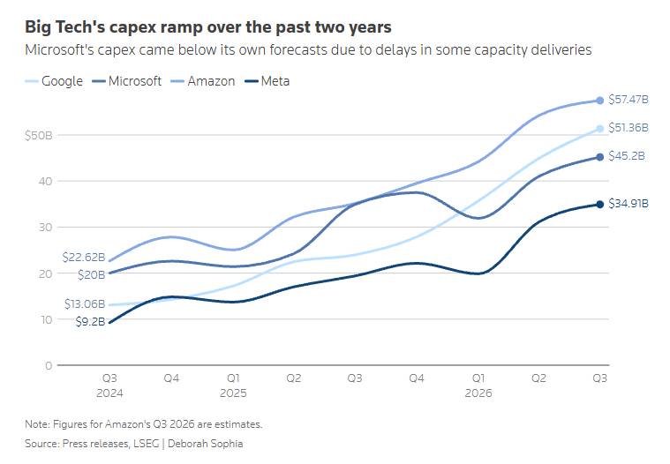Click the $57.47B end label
click(629, 100)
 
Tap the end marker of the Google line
click(600, 129)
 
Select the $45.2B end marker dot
click(600, 157)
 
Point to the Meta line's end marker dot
click(600, 205)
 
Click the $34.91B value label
click(629, 203)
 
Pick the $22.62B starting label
click(84, 257)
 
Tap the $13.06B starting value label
click(85, 304)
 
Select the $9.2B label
click(90, 321)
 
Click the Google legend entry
click(54, 81)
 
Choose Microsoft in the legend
click(127, 81)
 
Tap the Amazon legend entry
click(203, 81)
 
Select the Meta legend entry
click(267, 81)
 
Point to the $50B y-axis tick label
click(39, 136)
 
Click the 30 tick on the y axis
click(45, 227)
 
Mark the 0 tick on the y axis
click(49, 365)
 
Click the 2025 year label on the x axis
click(233, 393)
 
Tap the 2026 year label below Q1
click(478, 393)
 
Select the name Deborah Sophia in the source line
click(205, 444)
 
